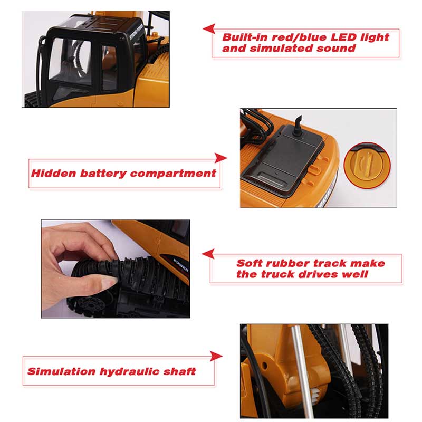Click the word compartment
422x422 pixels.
point(173,174)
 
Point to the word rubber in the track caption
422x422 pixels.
point(288,263)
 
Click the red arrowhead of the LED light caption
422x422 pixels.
point(209,28)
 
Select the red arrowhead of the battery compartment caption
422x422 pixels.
point(220,158)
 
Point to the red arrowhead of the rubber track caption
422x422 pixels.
point(208,254)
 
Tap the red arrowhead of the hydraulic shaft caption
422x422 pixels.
point(216,356)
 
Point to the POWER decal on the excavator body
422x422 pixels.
point(181,265)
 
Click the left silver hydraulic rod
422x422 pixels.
point(302,372)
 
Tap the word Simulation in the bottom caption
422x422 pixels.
point(61,371)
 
